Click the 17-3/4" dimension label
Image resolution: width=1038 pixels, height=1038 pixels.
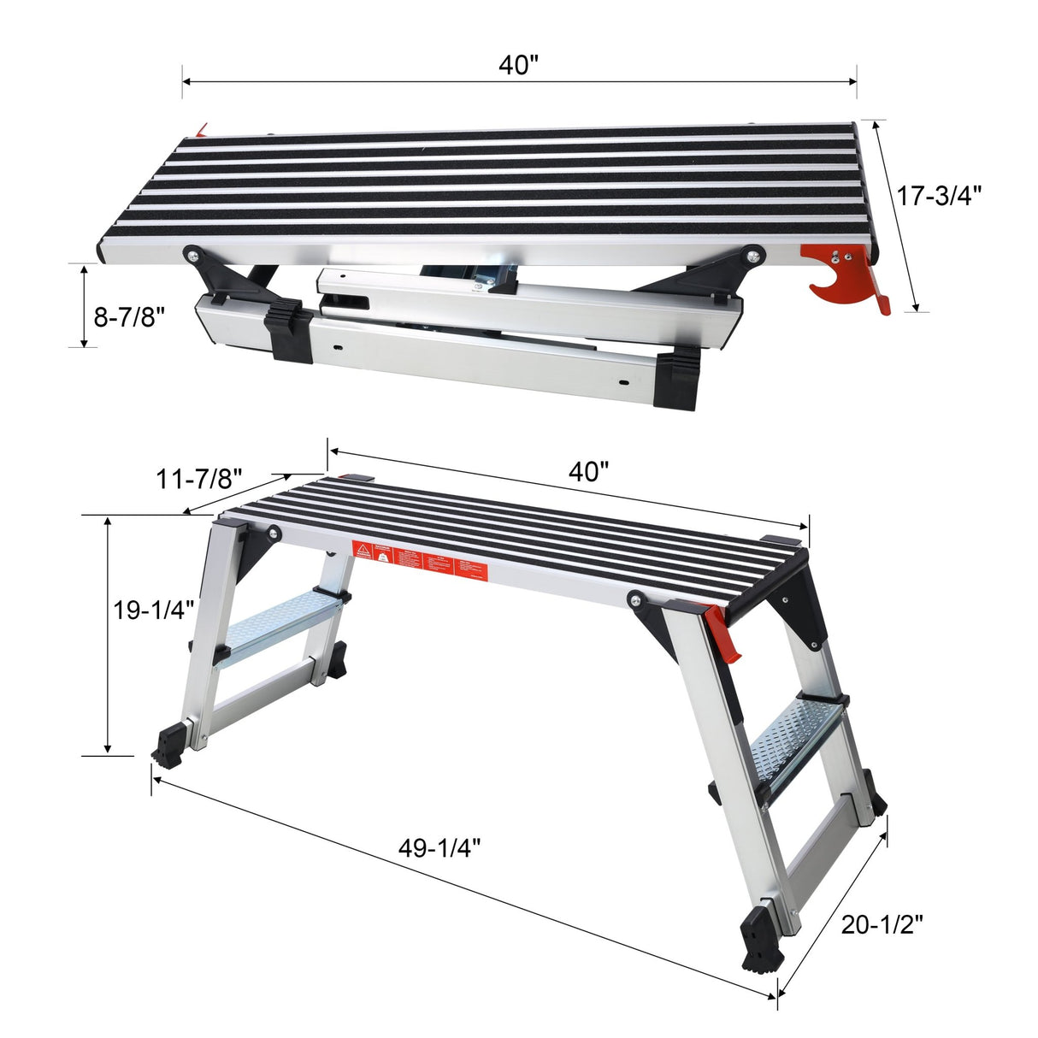(x=939, y=196)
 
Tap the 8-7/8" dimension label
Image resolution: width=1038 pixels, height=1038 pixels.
(x=128, y=318)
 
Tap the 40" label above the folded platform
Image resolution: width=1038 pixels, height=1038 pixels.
(x=518, y=65)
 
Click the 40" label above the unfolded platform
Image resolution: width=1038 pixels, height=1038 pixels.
(x=588, y=471)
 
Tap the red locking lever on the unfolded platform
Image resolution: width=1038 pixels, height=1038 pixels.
(x=723, y=634)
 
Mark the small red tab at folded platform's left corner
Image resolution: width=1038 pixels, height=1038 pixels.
(x=202, y=130)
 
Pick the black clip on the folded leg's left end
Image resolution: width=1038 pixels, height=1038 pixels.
(x=286, y=333)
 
